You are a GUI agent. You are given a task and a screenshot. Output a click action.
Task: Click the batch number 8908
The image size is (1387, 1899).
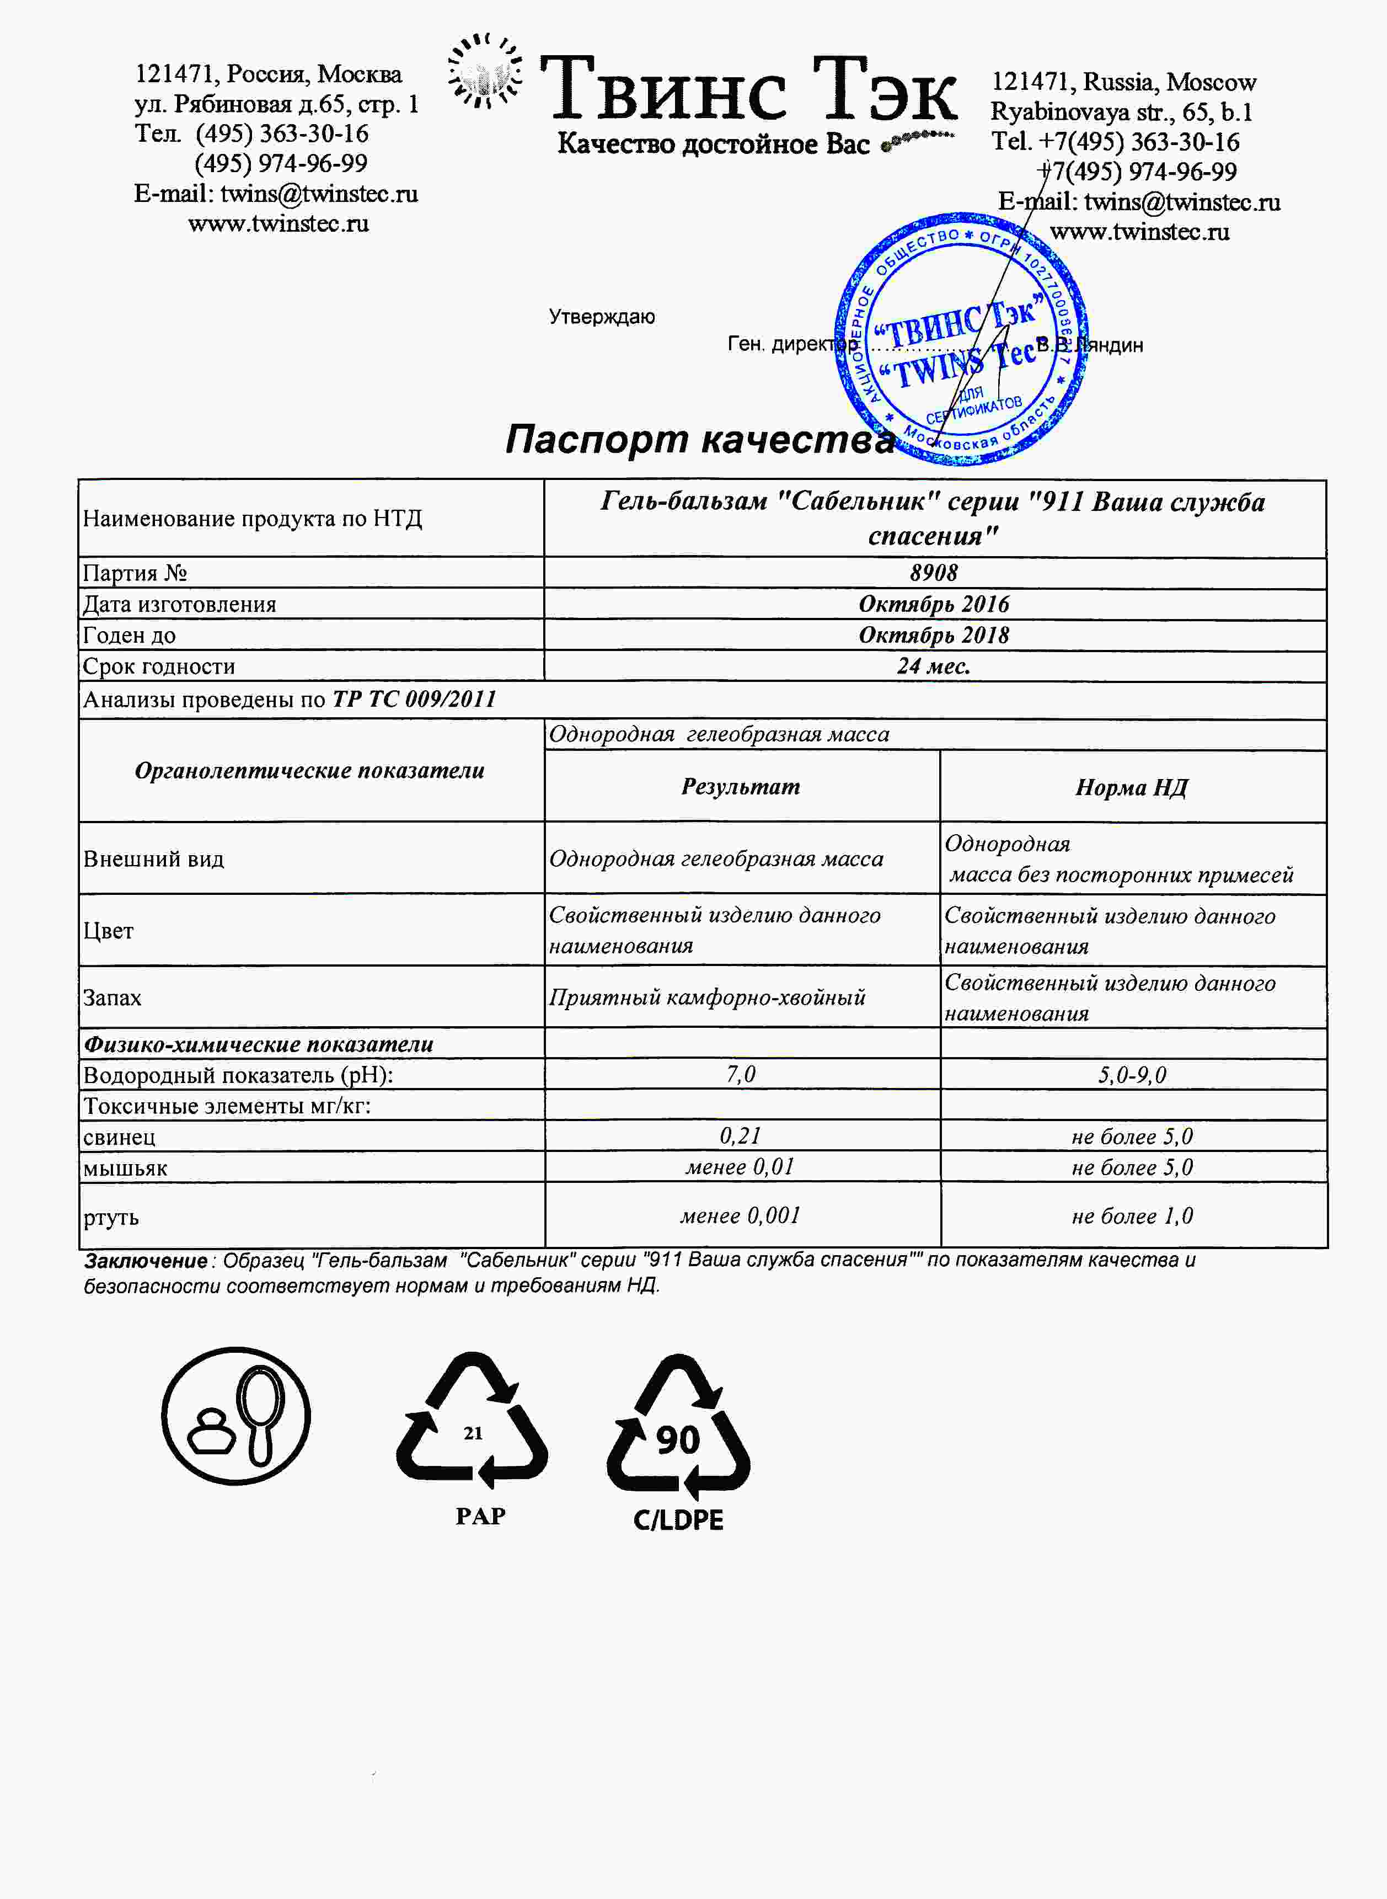point(934,573)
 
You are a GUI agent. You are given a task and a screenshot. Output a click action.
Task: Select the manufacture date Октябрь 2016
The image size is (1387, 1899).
point(934,604)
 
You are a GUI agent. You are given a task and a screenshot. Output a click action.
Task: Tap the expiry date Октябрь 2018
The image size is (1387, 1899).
point(934,635)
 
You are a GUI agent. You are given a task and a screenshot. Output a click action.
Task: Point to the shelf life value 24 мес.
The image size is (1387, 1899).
point(934,666)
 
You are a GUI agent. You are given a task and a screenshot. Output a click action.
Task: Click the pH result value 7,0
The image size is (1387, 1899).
point(741,1074)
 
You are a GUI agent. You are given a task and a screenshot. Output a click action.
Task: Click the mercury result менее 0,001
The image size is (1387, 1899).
point(741,1215)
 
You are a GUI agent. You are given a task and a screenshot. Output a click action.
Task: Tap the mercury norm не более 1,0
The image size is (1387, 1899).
point(1132,1216)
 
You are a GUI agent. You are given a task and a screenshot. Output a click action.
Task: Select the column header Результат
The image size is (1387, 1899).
point(741,786)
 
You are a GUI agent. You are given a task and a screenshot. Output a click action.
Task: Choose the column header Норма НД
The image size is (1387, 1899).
point(1132,787)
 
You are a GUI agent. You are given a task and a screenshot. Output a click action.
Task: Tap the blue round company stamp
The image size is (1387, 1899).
point(961,340)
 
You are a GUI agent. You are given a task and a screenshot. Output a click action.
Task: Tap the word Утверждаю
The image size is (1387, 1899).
point(602,317)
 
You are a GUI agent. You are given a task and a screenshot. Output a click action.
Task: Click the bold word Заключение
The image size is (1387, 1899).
point(145,1261)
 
